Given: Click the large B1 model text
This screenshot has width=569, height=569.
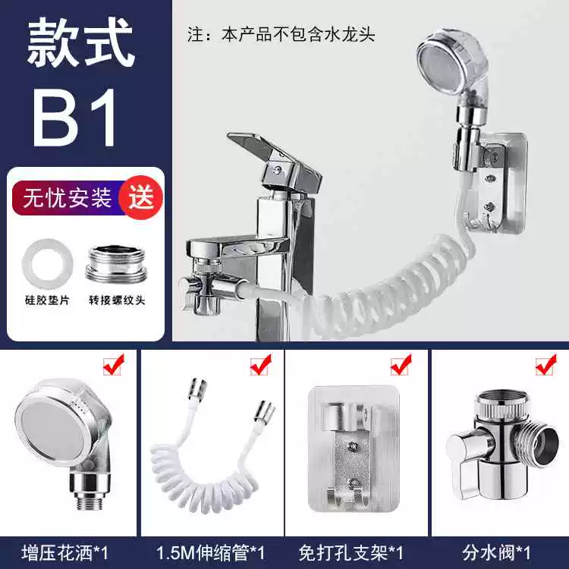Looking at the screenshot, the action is (x=76, y=118).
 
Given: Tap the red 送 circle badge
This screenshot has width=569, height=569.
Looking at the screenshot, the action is (x=141, y=198).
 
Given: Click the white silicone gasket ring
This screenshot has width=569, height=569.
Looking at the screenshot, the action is (x=47, y=263).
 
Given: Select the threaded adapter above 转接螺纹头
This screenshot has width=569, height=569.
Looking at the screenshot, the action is (x=117, y=264).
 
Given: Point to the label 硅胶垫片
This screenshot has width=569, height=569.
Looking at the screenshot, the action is (x=47, y=300).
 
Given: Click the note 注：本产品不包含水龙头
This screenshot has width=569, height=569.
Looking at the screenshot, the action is (x=281, y=35).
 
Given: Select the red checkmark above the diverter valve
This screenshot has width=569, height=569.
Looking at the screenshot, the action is (x=545, y=364).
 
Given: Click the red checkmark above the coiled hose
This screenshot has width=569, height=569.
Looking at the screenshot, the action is (x=260, y=364).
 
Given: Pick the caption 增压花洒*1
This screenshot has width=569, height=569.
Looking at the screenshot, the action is (x=65, y=553).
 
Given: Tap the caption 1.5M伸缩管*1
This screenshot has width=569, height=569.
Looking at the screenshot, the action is (x=210, y=553).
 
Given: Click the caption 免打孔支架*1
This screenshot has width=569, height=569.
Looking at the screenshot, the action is (x=351, y=553).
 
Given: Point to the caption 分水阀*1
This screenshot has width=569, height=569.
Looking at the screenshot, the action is (x=496, y=553).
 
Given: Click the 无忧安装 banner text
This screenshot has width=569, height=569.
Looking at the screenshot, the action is (x=67, y=198).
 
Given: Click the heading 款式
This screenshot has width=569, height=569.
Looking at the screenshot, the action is (x=80, y=42).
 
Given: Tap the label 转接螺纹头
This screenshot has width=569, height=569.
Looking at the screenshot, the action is (x=117, y=300).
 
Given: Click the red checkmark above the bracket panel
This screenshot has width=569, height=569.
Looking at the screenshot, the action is (x=401, y=364).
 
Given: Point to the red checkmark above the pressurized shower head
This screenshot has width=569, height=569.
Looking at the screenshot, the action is (x=113, y=364).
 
